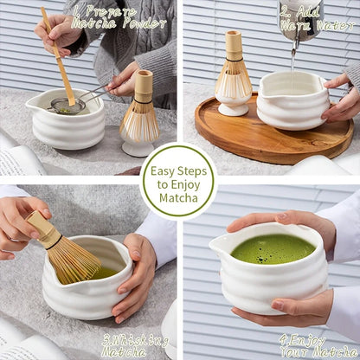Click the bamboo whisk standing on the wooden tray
coord(233,69)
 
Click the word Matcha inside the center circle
coord(178,198)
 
